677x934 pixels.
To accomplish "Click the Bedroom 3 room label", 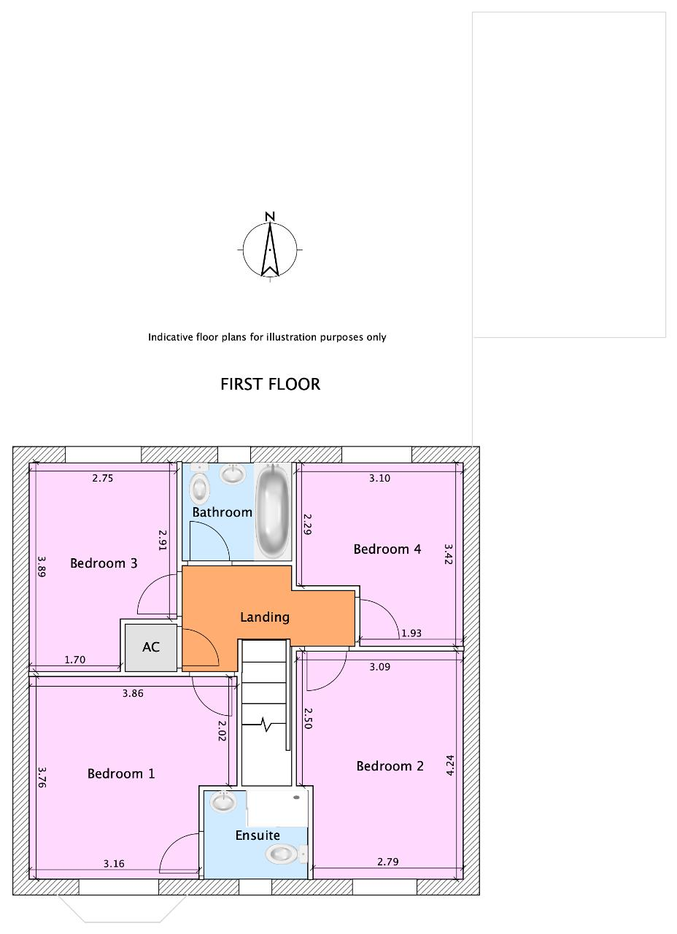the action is tap(104, 563).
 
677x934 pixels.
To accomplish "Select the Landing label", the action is tap(265, 617).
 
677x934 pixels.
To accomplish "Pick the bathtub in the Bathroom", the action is tap(273, 512).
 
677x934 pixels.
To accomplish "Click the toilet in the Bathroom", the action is tap(199, 488).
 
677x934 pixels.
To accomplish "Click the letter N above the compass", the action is tap(270, 217).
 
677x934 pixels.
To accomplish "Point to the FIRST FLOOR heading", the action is tap(270, 384).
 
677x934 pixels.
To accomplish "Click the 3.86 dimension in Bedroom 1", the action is tap(133, 693).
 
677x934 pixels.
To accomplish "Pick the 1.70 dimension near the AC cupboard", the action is tap(75, 660).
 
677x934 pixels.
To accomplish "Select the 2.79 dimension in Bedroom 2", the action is tap(387, 862).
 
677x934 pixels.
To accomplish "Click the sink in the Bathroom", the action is tap(233, 474).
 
